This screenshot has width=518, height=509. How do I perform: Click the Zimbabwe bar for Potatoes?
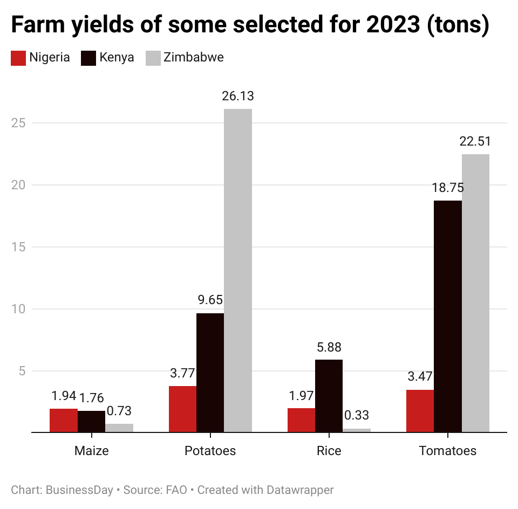coord(237,270)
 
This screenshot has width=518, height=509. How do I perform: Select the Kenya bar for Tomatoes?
coord(448,316)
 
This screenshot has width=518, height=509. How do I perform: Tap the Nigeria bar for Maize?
coord(64,421)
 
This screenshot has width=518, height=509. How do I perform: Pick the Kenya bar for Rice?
coord(329,396)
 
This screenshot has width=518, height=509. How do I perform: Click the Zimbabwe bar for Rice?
coord(357,430)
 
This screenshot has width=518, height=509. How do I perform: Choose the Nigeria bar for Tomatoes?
coord(420,411)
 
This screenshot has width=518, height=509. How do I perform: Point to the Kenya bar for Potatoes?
coord(210,373)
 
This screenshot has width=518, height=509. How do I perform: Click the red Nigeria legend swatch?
coord(18,58)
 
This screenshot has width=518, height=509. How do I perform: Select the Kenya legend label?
coord(117,58)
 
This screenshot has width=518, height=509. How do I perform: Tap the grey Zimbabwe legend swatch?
coord(154,58)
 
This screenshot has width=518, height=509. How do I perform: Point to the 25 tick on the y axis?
coord(18,123)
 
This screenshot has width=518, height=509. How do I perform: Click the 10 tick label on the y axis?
coord(18,309)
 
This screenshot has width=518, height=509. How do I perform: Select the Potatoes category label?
coord(210,451)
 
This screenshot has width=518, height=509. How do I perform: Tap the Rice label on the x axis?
coord(329,451)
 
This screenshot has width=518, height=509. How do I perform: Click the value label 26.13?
coord(237,96)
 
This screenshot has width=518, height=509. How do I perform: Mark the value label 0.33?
coord(357,415)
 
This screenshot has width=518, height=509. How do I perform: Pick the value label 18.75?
coord(448,188)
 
